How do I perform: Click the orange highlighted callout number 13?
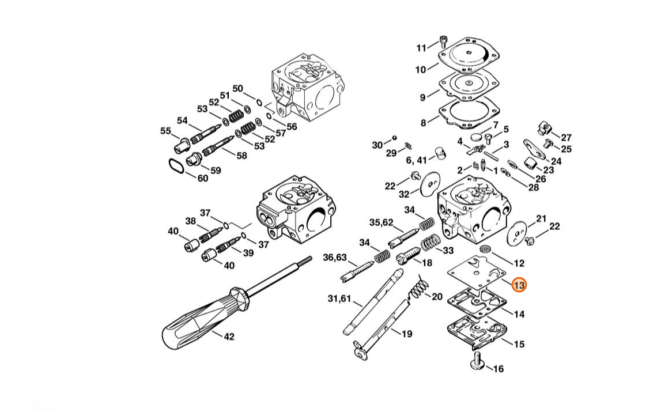point(519,285)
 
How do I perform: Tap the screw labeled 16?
point(477,361)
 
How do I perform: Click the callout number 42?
point(229,337)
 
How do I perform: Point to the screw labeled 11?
point(443,41)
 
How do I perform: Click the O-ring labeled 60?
point(175,166)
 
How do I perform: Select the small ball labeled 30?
point(395,138)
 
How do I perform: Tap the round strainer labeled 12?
point(485,248)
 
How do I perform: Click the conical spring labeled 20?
point(418,289)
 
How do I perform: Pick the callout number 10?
point(421,70)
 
